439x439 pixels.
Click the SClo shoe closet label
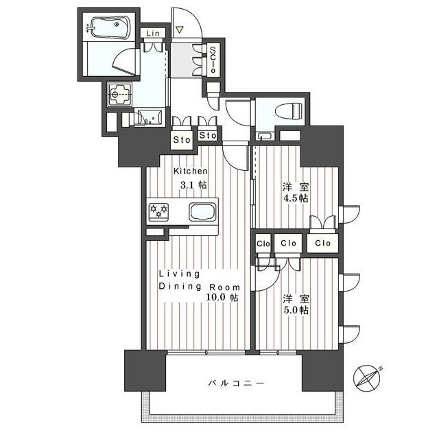click(213, 60)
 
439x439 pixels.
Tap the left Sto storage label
click(181, 140)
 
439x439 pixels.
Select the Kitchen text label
click(190, 171)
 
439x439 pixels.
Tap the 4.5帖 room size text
click(296, 198)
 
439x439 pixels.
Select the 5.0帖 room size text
click(296, 310)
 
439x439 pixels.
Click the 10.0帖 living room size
click(224, 298)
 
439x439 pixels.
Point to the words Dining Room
click(200, 286)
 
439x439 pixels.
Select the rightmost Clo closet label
click(323, 243)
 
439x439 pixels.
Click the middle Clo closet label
click(289, 243)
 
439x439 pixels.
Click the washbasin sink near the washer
click(149, 117)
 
